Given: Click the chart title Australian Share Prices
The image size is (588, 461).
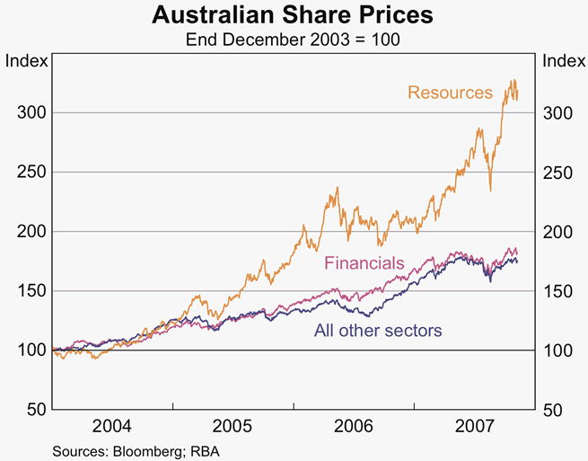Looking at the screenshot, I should coord(293,16).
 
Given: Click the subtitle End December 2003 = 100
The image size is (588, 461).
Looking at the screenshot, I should coord(293,40).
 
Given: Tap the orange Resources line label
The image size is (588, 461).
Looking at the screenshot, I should coord(450,93).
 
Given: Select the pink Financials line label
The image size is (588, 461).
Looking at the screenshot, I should coord(364,263).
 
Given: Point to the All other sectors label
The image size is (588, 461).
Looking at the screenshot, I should coord(378,330).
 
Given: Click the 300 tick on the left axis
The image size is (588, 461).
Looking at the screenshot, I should coord(29,113).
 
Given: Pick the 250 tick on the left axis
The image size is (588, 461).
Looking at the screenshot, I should coord(29,173).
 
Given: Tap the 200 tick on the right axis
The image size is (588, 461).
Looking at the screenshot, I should coord(557,232).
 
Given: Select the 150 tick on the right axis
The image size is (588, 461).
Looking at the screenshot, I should coord(557,291).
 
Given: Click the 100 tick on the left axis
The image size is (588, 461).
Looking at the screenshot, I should coord(29,350).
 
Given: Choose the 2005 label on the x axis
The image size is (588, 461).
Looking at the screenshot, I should coord(233,425).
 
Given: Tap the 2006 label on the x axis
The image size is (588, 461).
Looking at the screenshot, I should coord(353,425).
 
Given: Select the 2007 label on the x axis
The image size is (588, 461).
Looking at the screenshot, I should coord(473,425).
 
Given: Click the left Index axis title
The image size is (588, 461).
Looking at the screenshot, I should coord(24,61).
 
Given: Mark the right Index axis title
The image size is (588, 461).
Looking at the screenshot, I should coord(563,61).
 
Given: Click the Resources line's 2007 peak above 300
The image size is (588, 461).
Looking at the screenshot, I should coord(513,81).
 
